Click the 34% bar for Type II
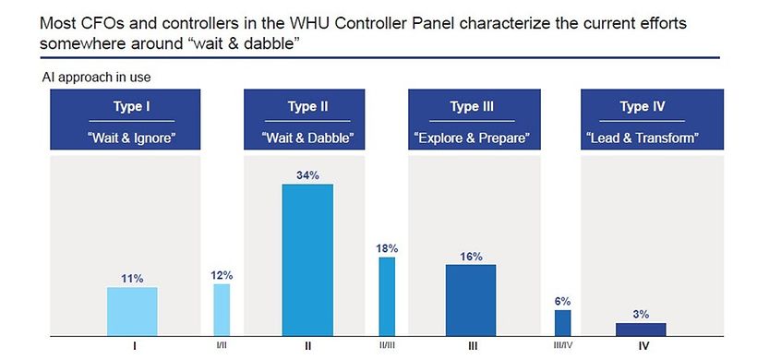[x=307, y=259]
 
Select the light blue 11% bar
[x=132, y=311]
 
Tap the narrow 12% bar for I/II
[x=222, y=310]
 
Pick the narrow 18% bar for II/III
[x=387, y=296]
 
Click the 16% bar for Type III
[x=471, y=300]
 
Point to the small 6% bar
[x=562, y=323]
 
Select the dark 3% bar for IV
[x=641, y=330]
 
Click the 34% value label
[x=307, y=175]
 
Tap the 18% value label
[x=387, y=248]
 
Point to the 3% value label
[x=641, y=315]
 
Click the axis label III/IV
[x=562, y=346]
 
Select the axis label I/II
[x=222, y=346]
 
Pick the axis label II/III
[x=387, y=346]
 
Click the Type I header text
[x=132, y=106]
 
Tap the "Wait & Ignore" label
[x=131, y=138]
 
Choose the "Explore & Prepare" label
[x=472, y=138]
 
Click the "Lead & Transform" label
[x=643, y=138]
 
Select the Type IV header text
[x=643, y=106]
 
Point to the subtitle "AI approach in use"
[x=97, y=78]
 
